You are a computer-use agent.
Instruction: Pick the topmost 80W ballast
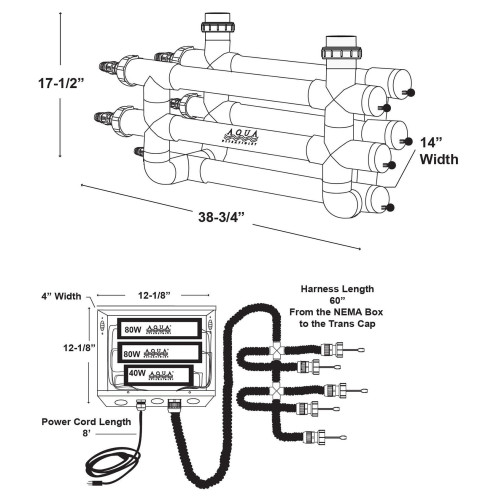pyautogui.click(x=160, y=329)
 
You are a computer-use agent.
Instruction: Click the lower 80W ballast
pyautogui.click(x=160, y=352)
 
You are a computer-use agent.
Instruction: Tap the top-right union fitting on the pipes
pyautogui.click(x=337, y=45)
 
